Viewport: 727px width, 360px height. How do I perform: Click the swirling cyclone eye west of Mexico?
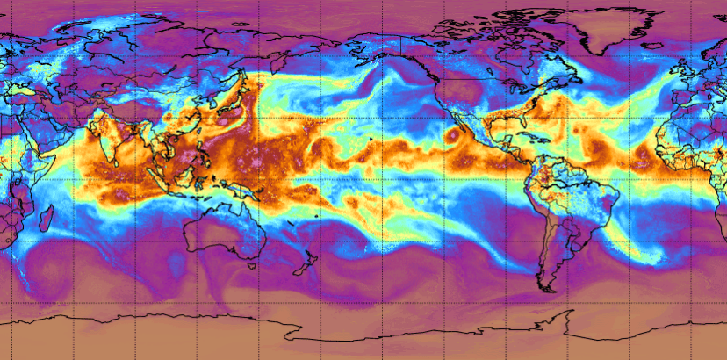(453, 136)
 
